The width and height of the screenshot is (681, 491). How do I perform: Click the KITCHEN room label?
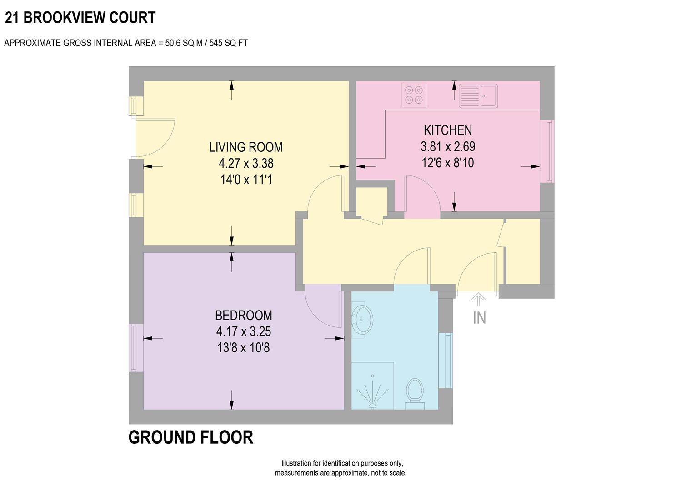point(448,130)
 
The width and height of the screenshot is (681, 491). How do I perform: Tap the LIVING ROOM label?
point(246,147)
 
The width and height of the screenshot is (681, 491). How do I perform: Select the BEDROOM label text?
point(244,315)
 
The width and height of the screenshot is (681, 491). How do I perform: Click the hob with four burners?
point(414,95)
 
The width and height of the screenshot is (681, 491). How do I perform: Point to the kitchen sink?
point(478,95)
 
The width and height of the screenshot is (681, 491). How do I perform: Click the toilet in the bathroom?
point(414,392)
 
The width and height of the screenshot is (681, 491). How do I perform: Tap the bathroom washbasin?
point(362,319)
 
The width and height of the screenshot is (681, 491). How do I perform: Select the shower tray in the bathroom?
point(372,386)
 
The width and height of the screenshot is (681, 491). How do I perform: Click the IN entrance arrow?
point(479,300)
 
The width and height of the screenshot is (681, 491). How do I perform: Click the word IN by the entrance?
point(479,318)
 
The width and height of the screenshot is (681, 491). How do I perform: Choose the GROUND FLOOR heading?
point(191,437)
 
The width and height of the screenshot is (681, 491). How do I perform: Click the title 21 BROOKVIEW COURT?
point(80,18)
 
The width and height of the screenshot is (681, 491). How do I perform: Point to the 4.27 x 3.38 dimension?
point(246,163)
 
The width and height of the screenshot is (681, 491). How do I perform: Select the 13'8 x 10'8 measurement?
point(244,348)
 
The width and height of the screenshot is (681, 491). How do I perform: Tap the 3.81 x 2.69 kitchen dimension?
point(448,146)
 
